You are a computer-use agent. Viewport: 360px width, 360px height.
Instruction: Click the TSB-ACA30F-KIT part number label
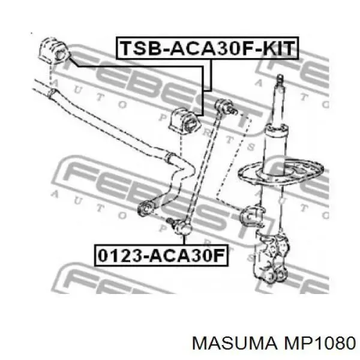pos(207,48)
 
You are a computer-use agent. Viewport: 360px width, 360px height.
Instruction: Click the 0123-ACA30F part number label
pos(161,256)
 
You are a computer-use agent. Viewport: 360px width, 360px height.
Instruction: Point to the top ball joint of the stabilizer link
pos(225,106)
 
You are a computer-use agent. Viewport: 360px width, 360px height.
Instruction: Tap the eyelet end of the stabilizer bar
pos(145,208)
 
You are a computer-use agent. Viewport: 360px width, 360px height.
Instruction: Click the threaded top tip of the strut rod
pos(280,79)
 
